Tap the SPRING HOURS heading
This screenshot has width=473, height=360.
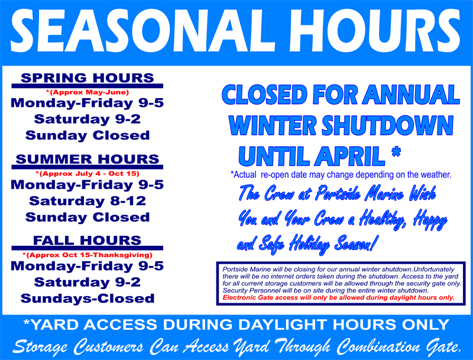[88, 78]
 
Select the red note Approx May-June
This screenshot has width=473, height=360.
[88, 92]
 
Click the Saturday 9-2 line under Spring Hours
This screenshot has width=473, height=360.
[88, 119]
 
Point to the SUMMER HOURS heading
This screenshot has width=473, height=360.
[88, 159]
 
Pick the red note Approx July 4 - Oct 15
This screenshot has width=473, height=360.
[88, 174]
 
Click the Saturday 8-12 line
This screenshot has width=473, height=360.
[88, 201]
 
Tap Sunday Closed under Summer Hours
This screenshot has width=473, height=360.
[88, 217]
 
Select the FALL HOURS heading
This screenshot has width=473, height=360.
[88, 241]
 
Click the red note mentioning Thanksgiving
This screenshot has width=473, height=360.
[88, 255]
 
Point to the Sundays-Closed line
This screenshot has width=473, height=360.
[88, 299]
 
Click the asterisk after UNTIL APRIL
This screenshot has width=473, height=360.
[396, 151]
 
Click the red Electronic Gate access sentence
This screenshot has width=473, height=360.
[338, 298]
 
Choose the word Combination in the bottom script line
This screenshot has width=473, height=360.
[378, 347]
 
